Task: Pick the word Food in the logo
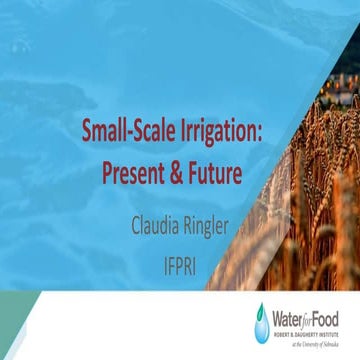pos(331,316)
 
